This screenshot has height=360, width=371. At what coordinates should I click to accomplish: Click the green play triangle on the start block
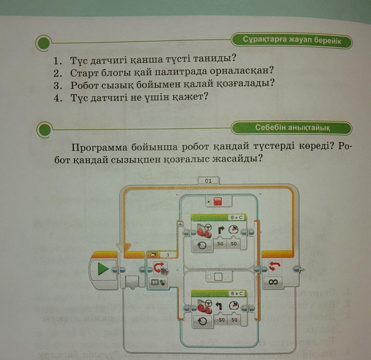click(x=103, y=269)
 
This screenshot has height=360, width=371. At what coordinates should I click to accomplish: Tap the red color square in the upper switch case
click(x=218, y=201)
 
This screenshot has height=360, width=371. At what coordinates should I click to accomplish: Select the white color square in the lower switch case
click(x=218, y=277)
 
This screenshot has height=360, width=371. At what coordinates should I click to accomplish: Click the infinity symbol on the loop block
click(x=273, y=282)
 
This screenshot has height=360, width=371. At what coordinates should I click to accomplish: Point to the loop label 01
click(x=208, y=181)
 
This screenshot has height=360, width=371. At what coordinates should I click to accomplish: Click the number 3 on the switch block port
click(x=168, y=255)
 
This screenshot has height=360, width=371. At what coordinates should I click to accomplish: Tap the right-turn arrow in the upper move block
click(x=221, y=230)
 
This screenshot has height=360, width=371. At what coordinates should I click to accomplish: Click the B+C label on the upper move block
click(x=237, y=218)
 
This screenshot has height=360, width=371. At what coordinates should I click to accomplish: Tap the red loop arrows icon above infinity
click(x=274, y=266)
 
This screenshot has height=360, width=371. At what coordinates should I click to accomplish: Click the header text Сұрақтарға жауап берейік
click(x=292, y=40)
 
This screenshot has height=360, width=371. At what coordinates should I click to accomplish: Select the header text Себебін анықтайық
click(x=292, y=127)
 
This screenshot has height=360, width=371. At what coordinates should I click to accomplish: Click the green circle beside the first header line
click(x=44, y=43)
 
